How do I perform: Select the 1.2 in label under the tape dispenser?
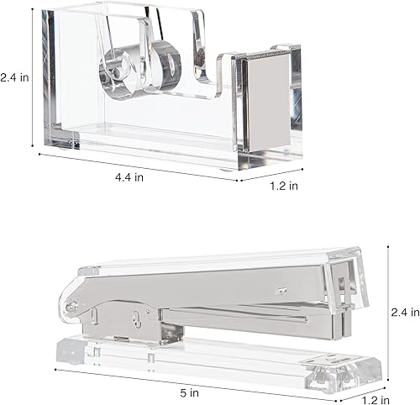pyautogui.click(x=282, y=186)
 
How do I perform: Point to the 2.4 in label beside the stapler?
pyautogui.click(x=405, y=312)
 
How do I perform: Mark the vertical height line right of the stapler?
pyautogui.click(x=389, y=311)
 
